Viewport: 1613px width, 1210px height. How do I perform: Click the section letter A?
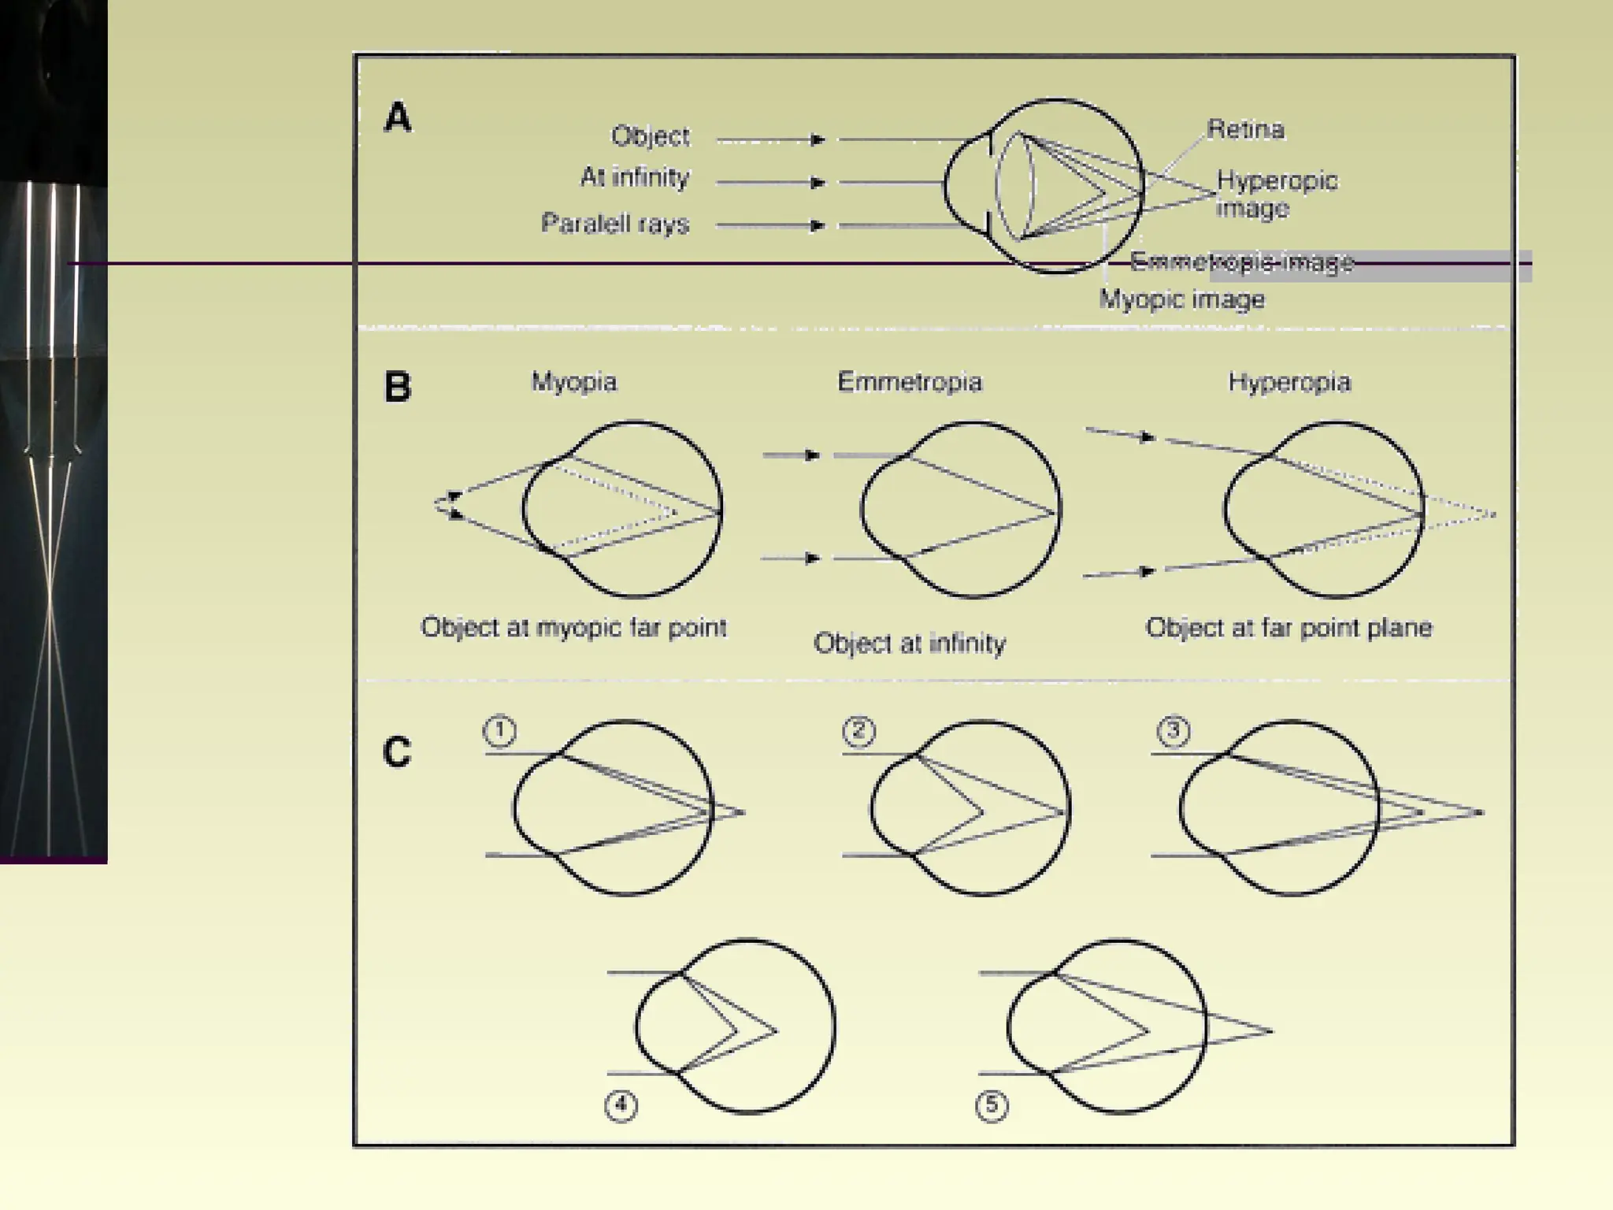[x=398, y=118]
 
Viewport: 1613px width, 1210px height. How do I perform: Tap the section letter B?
[x=398, y=387]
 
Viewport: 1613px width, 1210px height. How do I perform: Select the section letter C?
[x=397, y=752]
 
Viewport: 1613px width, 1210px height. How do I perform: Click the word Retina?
[x=1245, y=129]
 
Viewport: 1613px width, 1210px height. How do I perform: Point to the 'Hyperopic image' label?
[x=1276, y=194]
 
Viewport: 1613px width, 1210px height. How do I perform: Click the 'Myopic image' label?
[x=1181, y=299]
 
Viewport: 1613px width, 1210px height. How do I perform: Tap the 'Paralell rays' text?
[x=615, y=224]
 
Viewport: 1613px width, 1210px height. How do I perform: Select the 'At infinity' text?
[x=635, y=177]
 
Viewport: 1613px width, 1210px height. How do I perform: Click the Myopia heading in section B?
[x=574, y=382]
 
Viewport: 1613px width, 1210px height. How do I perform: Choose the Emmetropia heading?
[x=910, y=382]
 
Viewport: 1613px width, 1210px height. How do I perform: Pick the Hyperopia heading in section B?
[x=1289, y=382]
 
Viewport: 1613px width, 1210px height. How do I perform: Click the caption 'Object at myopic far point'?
[x=573, y=628]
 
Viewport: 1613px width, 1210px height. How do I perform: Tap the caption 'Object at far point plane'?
[x=1289, y=628]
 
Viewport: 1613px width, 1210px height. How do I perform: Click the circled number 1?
[x=499, y=731]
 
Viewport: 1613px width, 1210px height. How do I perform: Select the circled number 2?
[x=858, y=731]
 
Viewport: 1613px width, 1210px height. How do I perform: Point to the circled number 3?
[x=1173, y=731]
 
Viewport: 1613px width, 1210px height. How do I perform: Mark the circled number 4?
[x=621, y=1105]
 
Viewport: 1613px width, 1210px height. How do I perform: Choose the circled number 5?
[x=992, y=1105]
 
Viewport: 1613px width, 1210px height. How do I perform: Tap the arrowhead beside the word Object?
[x=818, y=140]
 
